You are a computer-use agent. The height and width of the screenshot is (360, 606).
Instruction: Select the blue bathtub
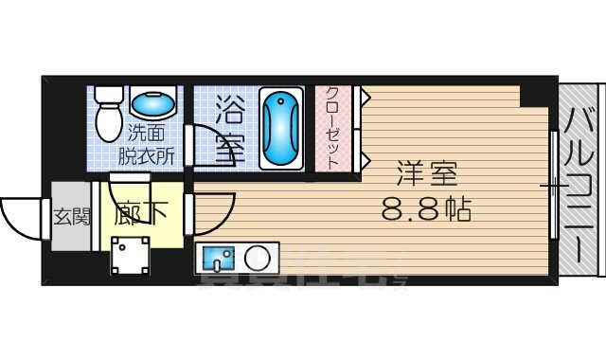click(281, 128)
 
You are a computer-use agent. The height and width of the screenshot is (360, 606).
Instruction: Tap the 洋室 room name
click(427, 175)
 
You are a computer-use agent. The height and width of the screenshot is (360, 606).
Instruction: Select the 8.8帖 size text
click(427, 207)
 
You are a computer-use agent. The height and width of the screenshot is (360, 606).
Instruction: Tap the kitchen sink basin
click(219, 257)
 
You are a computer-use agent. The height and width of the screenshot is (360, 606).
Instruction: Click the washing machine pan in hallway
click(129, 256)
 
